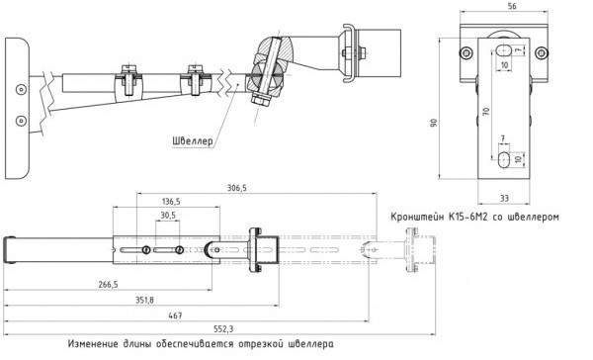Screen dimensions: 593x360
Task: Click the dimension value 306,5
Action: pos(237,188)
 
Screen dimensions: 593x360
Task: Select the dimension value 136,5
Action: pos(171,202)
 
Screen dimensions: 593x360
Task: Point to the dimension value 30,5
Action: pos(168,216)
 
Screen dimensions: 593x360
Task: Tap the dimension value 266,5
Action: pos(108,284)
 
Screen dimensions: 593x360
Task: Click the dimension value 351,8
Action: pos(145,301)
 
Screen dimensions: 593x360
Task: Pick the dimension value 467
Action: pos(175,315)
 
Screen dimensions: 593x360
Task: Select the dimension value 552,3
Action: pos(223,329)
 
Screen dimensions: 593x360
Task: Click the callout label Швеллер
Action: pos(193,141)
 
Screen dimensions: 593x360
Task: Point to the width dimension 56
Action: pos(501,6)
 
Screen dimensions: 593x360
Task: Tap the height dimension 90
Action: pos(434,123)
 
